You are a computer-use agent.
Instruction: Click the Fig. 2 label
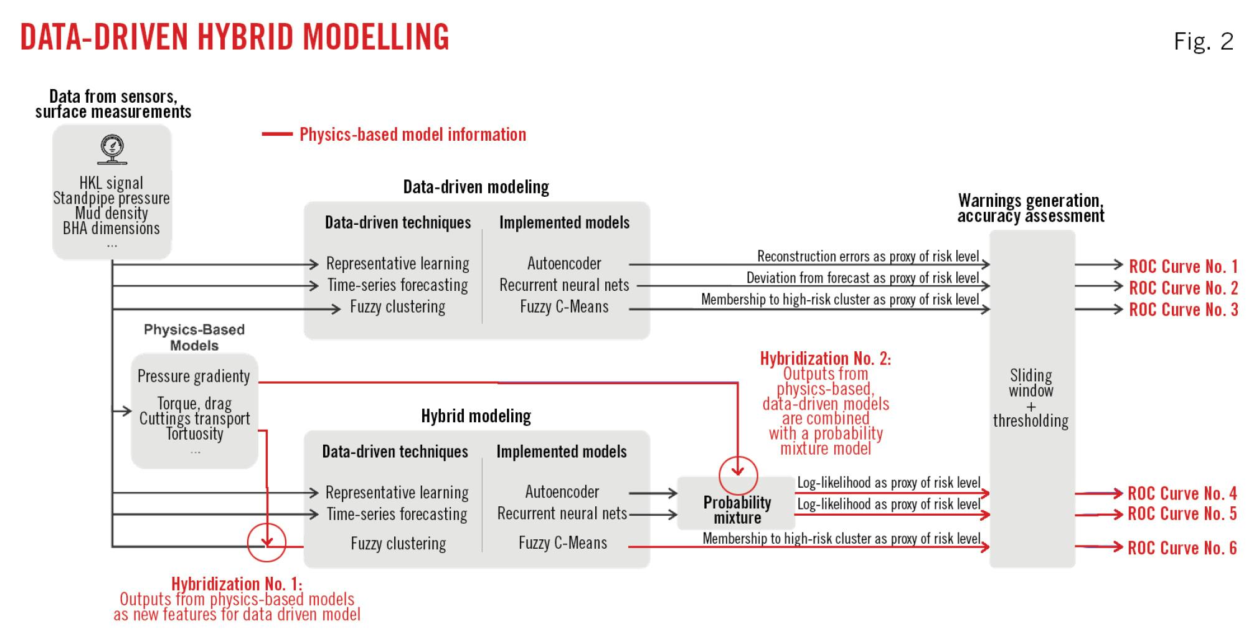pyautogui.click(x=1202, y=42)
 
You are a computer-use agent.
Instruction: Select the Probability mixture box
pyautogui.click(x=737, y=509)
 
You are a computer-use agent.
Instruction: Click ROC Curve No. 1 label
pyautogui.click(x=1183, y=267)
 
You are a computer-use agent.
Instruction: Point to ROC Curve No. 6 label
pyautogui.click(x=1182, y=548)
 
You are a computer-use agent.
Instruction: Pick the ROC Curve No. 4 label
pyautogui.click(x=1182, y=493)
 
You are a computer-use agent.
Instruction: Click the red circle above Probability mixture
pyautogui.click(x=738, y=476)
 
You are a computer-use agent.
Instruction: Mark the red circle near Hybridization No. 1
pyautogui.click(x=266, y=542)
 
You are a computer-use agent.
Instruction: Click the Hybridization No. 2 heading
pyautogui.click(x=825, y=359)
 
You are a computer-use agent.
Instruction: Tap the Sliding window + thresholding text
pyautogui.click(x=1031, y=398)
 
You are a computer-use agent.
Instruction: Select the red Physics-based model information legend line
pyautogui.click(x=277, y=134)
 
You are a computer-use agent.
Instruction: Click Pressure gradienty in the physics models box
pyautogui.click(x=194, y=376)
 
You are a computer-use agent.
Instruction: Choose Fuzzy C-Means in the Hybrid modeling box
pyautogui.click(x=562, y=543)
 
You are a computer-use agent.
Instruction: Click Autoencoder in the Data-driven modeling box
pyautogui.click(x=564, y=263)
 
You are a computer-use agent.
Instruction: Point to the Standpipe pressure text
pyautogui.click(x=111, y=198)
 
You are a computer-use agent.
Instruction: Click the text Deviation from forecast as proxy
pyautogui.click(x=862, y=278)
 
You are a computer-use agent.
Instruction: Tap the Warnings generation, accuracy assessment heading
pyautogui.click(x=1030, y=208)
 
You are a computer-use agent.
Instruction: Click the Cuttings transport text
pyautogui.click(x=194, y=419)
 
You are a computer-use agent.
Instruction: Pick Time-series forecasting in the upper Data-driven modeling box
pyautogui.click(x=398, y=285)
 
